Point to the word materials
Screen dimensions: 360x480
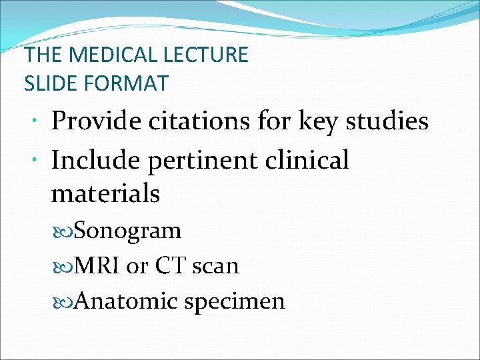(105, 193)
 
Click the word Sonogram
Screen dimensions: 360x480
(128, 231)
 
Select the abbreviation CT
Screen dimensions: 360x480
(168, 266)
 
